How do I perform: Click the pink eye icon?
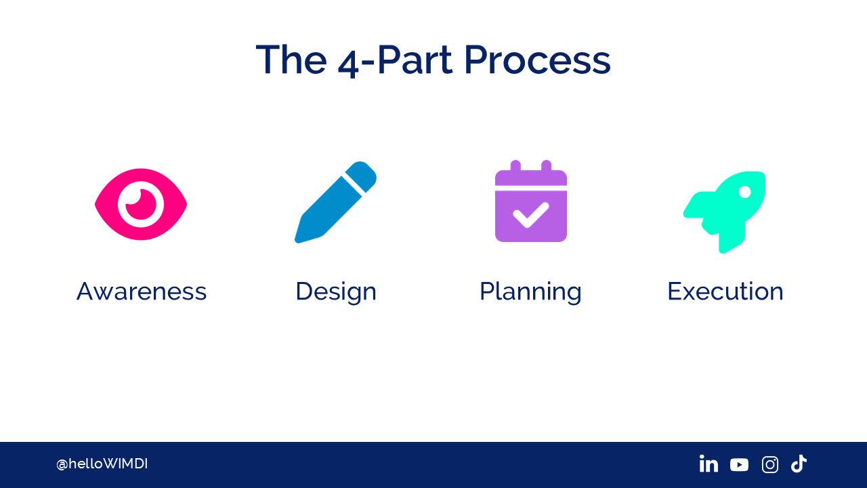pyautogui.click(x=141, y=204)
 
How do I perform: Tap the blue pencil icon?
pyautogui.click(x=335, y=203)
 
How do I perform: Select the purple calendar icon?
pyautogui.click(x=531, y=201)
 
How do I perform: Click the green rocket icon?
pyautogui.click(x=725, y=212)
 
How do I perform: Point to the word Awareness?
pyautogui.click(x=142, y=291)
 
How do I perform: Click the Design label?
pyautogui.click(x=336, y=292)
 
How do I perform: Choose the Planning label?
pyautogui.click(x=530, y=292)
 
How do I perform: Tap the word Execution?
pyautogui.click(x=725, y=291)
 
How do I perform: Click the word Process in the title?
pyautogui.click(x=537, y=60)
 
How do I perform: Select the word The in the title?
pyautogui.click(x=291, y=60)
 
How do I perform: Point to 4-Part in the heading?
pyautogui.click(x=395, y=61)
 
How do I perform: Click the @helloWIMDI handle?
pyautogui.click(x=102, y=464)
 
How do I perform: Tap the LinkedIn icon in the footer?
pyautogui.click(x=709, y=464)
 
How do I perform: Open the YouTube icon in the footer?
pyautogui.click(x=739, y=465)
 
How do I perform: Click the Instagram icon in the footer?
pyautogui.click(x=770, y=464)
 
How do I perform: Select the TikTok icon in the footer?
pyautogui.click(x=799, y=464)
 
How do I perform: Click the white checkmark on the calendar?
pyautogui.click(x=530, y=215)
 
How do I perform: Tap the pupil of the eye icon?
pyautogui.click(x=140, y=204)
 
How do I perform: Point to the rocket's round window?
pyautogui.click(x=745, y=192)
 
